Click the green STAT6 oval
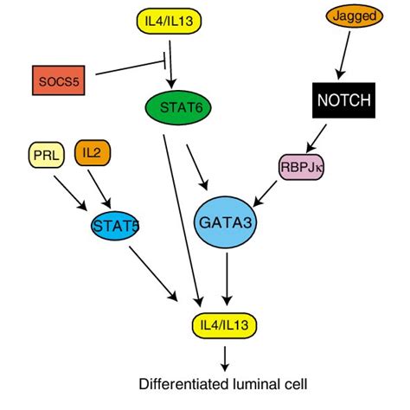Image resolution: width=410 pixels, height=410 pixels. [x=177, y=109]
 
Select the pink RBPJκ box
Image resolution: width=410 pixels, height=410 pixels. [x=300, y=168]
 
